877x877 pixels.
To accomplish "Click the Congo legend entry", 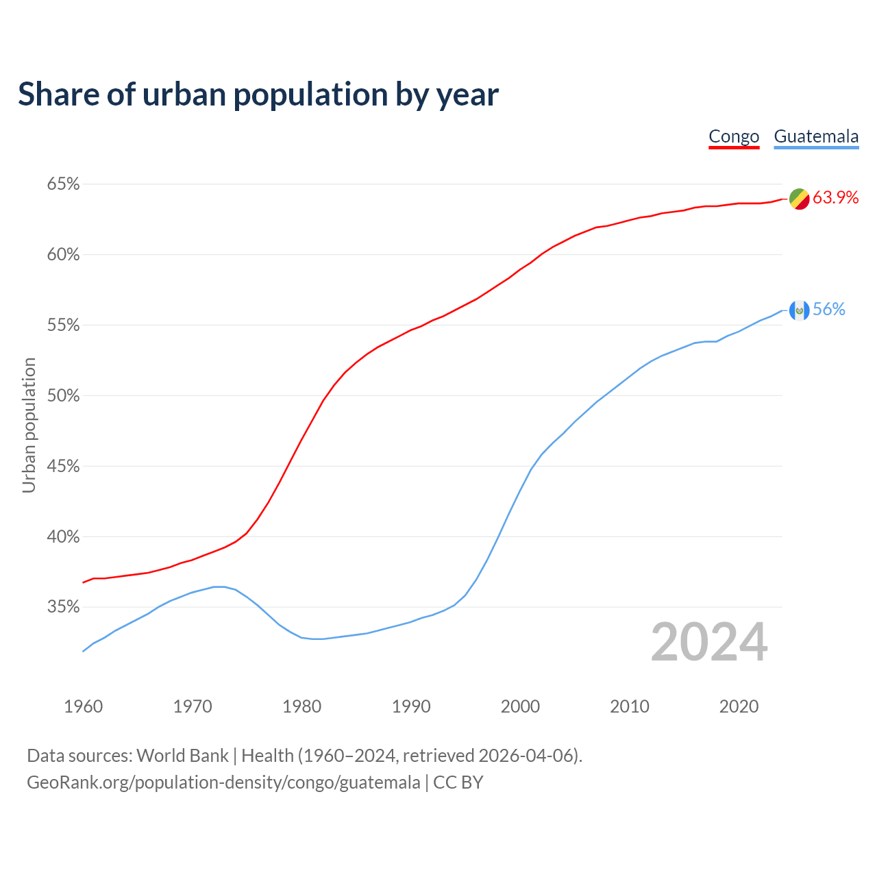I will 734,136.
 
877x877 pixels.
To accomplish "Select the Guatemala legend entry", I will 816,136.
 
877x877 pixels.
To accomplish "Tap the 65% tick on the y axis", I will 63,184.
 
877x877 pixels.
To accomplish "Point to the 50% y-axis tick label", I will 63,396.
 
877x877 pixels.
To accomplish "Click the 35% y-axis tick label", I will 63,607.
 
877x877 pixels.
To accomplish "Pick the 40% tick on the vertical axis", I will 63,537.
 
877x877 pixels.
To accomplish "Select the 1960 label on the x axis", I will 83,706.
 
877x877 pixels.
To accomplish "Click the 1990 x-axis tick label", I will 411,706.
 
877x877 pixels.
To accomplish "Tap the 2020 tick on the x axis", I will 739,706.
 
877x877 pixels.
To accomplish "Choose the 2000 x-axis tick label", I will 520,706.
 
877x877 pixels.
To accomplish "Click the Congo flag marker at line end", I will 800,199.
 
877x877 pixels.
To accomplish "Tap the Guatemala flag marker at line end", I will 800,310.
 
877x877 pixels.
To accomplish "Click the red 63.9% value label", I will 835,198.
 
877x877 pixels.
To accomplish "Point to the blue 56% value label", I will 829,310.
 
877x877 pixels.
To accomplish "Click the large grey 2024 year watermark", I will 709,643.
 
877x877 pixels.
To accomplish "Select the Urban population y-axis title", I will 29,425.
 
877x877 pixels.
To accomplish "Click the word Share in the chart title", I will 58,95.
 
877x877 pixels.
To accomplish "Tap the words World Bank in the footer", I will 182,756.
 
